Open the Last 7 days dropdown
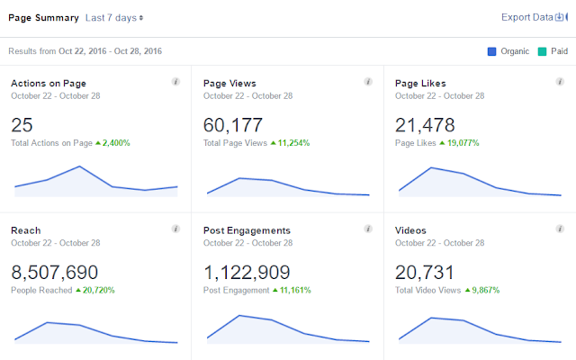tap(114, 18)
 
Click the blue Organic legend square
tap(491, 51)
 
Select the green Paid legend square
tap(542, 51)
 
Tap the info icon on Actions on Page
tap(176, 82)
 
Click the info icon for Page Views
tap(368, 82)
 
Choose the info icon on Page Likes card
tap(560, 82)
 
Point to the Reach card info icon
tap(176, 229)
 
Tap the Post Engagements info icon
tap(368, 229)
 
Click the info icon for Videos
tap(560, 229)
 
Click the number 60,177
tap(233, 125)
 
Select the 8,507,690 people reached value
tap(54, 273)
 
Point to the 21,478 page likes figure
tap(425, 125)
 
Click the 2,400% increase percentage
tap(116, 143)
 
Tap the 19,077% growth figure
tap(463, 143)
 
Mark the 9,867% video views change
tap(486, 290)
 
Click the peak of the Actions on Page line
tap(79, 166)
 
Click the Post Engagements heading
tap(247, 230)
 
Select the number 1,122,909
tap(247, 273)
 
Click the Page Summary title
tap(44, 18)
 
